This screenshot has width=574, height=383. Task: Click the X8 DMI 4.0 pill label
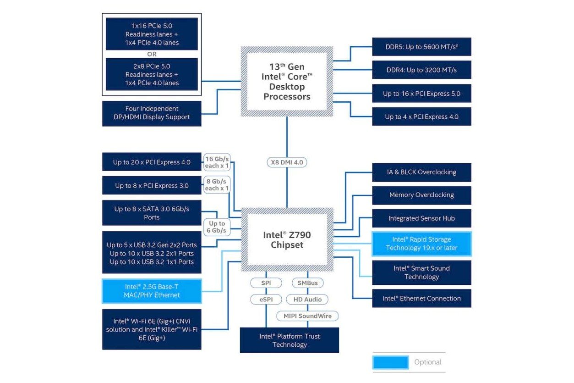pos(287,162)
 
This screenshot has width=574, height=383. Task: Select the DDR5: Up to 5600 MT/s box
pos(421,47)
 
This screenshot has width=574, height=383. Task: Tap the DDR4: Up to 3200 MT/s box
pos(421,70)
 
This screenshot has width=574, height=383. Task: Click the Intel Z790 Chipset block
pos(287,239)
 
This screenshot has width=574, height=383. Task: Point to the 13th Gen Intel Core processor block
pos(287,82)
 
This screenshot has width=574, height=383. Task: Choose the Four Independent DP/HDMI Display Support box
pos(152,113)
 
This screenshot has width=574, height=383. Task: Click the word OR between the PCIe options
pos(152,54)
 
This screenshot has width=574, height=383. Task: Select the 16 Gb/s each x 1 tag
pos(217,162)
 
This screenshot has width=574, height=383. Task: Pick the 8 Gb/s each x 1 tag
pos(217,185)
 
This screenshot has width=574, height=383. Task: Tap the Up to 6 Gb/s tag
pos(217,227)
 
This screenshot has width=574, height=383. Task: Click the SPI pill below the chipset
pos(266,283)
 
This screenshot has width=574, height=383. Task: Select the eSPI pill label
pos(266,300)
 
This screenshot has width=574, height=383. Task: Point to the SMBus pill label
pos(307,283)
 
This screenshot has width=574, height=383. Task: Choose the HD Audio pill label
pos(307,300)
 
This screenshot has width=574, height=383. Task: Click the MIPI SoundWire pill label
pos(307,316)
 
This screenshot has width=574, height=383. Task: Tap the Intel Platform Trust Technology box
pos(290,340)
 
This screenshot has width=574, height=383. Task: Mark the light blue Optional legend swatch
pos(390,362)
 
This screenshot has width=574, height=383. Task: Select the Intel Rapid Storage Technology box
pos(421,244)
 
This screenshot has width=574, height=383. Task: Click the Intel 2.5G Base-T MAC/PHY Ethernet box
pos(152,291)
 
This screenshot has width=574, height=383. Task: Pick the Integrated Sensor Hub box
pos(421,218)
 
